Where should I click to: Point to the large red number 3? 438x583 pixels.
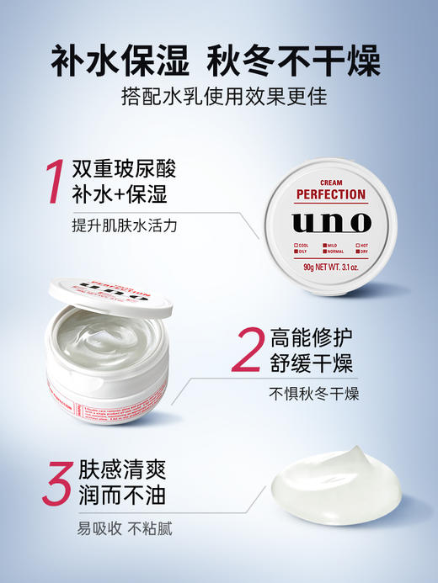(x=48, y=482)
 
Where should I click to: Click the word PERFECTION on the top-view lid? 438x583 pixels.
(x=331, y=194)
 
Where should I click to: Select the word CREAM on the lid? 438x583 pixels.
(x=331, y=181)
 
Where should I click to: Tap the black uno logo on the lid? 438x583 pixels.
(x=331, y=222)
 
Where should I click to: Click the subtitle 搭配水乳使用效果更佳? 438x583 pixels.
(x=219, y=98)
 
